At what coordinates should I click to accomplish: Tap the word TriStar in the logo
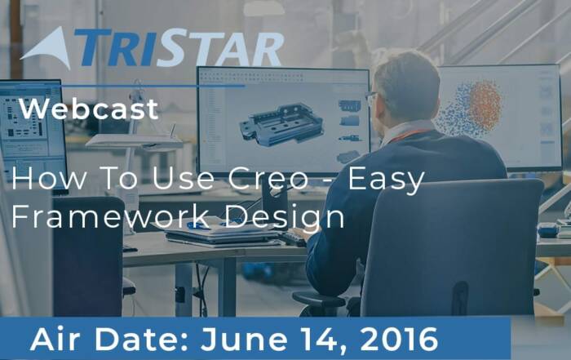point(179,48)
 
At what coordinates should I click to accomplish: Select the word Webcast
point(89,109)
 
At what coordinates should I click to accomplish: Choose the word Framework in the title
point(110,216)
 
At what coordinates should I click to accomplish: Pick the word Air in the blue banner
point(55,340)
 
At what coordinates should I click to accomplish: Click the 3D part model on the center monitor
point(281,124)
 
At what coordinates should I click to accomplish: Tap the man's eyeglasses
point(371,98)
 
